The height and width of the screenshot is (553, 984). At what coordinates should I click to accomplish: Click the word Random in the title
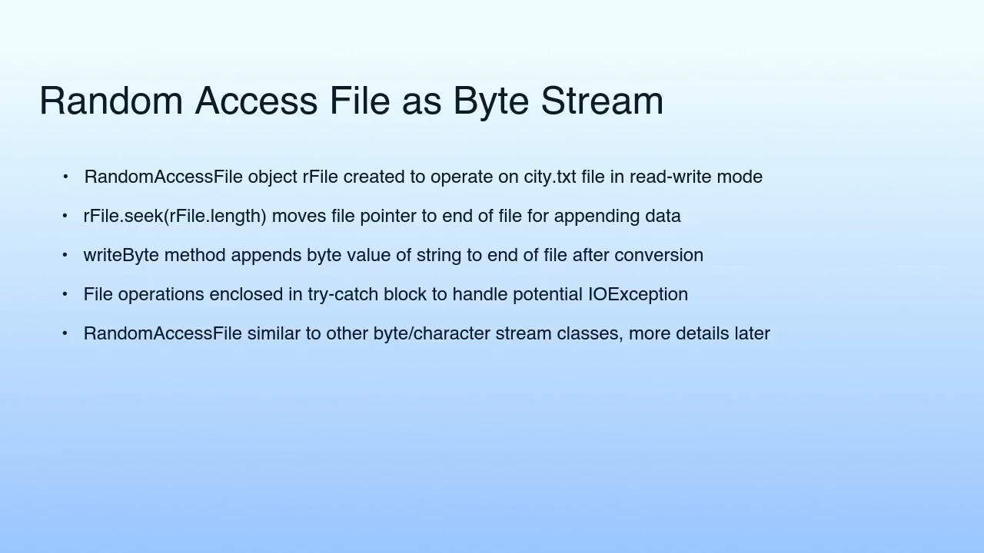click(111, 101)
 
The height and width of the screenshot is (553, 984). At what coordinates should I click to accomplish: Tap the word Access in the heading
click(256, 101)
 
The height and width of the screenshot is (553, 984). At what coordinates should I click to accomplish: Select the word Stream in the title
click(602, 101)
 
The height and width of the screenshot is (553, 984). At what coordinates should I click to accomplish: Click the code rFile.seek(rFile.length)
click(175, 216)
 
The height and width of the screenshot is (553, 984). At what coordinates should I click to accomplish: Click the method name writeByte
click(121, 255)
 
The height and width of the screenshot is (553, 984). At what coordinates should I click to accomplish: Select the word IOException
click(638, 294)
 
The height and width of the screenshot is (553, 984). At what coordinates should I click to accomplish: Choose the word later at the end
click(752, 333)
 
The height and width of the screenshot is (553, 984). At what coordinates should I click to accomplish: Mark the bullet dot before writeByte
click(65, 255)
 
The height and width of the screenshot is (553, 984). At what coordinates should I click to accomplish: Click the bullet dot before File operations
click(65, 294)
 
